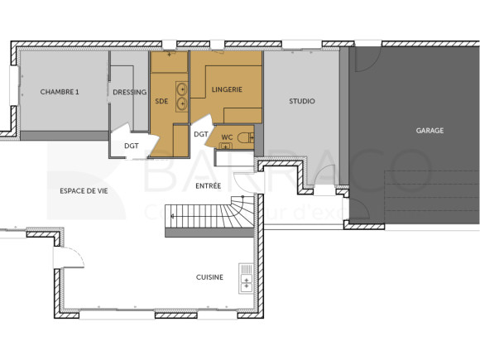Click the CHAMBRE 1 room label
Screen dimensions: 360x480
point(60,92)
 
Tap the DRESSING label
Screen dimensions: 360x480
point(129,92)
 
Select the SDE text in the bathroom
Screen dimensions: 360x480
point(161,101)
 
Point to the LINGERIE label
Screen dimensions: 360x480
point(227,89)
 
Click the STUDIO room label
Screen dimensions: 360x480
point(301,101)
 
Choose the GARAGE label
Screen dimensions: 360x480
point(430,130)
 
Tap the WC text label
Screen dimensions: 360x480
point(227,137)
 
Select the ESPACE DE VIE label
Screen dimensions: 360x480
point(84,190)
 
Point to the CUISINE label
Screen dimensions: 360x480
point(209,277)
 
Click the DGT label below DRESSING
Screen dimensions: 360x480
point(132,146)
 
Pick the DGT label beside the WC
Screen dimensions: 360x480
point(200,133)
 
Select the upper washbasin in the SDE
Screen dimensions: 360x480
point(181,88)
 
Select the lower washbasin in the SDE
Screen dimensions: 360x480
point(181,103)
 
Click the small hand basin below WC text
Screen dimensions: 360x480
point(224,146)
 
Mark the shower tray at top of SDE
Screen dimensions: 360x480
point(170,62)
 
